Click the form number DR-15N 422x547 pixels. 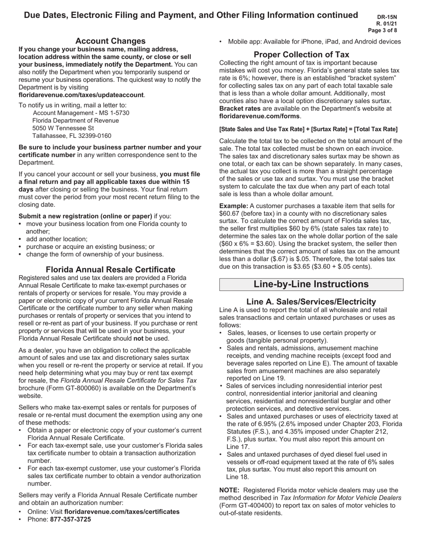pyautogui.click(x=387, y=17)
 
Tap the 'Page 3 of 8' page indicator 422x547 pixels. pyautogui.click(x=382, y=30)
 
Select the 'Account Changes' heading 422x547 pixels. pyautogui.click(x=110, y=41)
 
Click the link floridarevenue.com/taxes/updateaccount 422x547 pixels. pyautogui.click(x=81, y=95)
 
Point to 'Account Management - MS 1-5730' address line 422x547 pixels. pyautogui.click(x=81, y=113)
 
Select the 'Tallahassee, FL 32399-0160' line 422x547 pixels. pyautogui.click(x=72, y=136)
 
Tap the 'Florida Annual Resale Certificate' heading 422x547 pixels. pyautogui.click(x=110, y=269)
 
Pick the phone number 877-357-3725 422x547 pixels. pyautogui.click(x=70, y=519)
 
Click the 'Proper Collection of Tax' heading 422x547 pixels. pyautogui.click(x=301, y=54)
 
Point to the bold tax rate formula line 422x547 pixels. pyautogui.click(x=308, y=129)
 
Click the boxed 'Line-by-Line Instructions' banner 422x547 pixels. pyautogui.click(x=311, y=284)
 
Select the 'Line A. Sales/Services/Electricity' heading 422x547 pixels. pyautogui.click(x=311, y=302)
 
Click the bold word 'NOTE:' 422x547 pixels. pyautogui.click(x=230, y=490)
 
